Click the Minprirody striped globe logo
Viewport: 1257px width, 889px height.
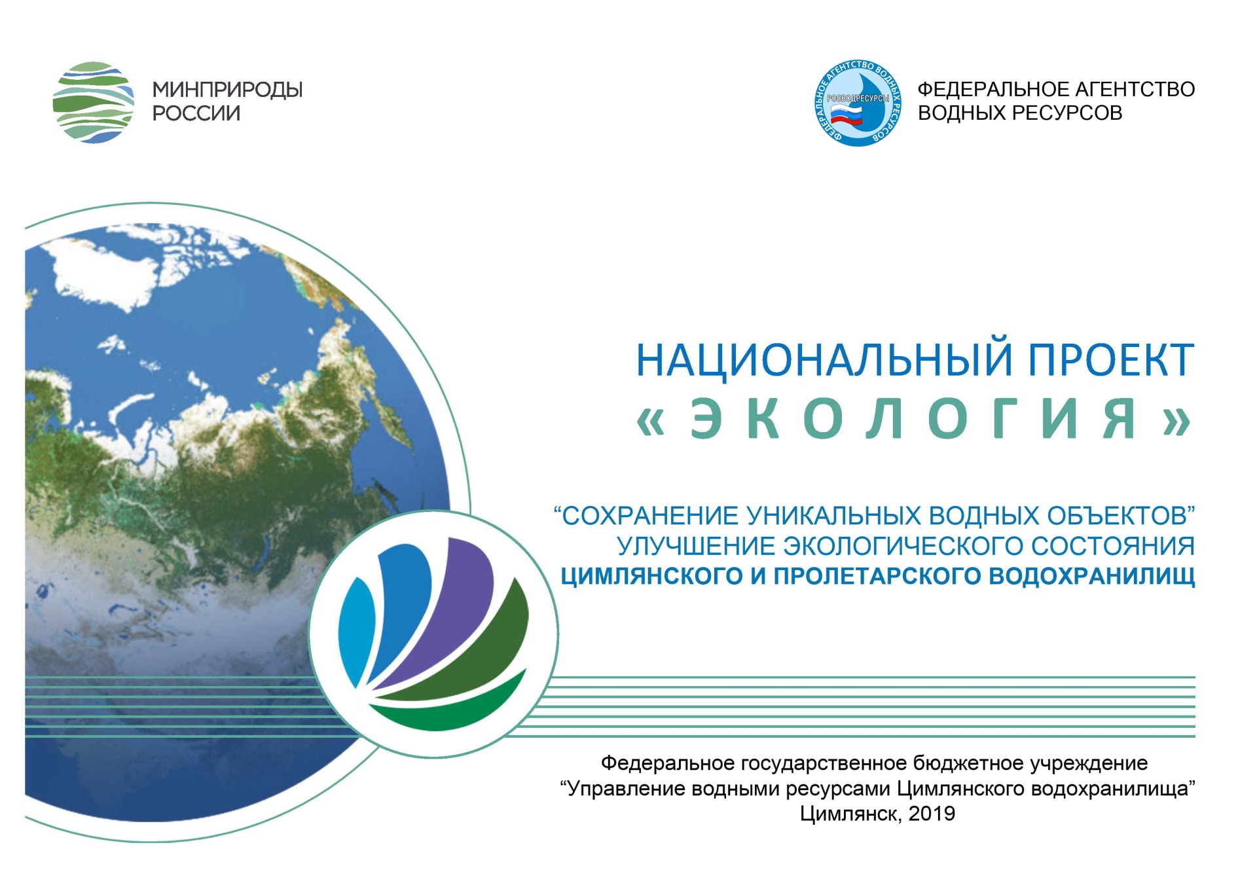pyautogui.click(x=94, y=102)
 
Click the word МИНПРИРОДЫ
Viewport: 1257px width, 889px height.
pyautogui.click(x=227, y=90)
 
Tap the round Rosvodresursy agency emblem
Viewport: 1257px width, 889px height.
pyautogui.click(x=858, y=102)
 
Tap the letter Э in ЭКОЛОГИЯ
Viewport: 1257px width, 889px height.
pyautogui.click(x=706, y=418)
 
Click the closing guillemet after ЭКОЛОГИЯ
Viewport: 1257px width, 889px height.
pyautogui.click(x=1176, y=420)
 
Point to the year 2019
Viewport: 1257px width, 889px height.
pyautogui.click(x=932, y=814)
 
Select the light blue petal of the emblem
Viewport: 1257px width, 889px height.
pyautogui.click(x=355, y=632)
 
